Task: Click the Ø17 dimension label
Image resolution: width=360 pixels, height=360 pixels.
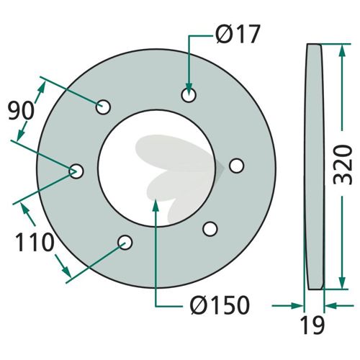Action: [238, 34]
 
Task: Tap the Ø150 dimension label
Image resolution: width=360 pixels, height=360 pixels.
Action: [220, 305]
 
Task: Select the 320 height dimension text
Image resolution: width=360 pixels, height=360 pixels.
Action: [343, 165]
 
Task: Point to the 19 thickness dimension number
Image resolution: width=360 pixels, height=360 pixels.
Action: [313, 325]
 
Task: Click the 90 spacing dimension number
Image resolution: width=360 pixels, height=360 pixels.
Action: [21, 111]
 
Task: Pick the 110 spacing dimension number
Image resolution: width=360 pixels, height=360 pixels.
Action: [34, 243]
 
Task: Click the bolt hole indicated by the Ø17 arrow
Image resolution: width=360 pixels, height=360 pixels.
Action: [189, 95]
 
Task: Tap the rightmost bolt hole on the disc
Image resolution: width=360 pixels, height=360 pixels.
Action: [237, 166]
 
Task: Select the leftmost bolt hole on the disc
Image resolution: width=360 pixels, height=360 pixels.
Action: [76, 171]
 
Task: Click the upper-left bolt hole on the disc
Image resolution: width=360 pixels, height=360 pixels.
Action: [103, 107]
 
